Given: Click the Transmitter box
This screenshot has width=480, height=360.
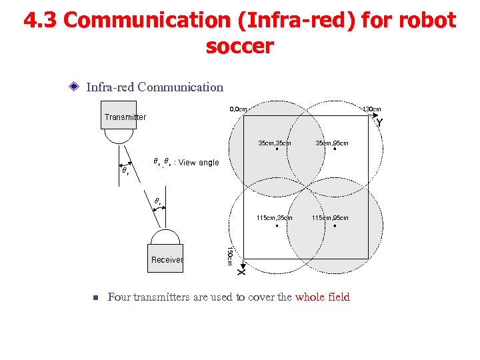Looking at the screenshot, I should point(118,115).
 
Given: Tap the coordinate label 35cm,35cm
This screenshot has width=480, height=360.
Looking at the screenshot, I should point(275,143).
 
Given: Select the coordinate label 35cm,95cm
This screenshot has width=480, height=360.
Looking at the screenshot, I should point(332,143).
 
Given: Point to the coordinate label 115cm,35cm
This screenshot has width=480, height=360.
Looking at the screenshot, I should point(275,218).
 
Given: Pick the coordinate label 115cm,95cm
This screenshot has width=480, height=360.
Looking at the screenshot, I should point(330,218).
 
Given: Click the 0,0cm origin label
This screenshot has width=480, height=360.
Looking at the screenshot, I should point(238,109).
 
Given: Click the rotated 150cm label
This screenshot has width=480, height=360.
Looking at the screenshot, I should point(229,256).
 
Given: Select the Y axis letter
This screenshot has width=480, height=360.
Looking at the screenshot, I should point(379,123).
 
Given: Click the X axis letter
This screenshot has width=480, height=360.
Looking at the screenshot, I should point(241,271).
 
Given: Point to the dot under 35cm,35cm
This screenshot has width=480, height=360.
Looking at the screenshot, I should point(277,150).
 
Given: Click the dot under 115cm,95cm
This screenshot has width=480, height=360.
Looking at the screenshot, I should point(335,226).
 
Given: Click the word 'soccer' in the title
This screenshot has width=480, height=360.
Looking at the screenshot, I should point(239,47).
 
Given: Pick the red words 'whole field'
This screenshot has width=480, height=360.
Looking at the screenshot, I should point(322,297).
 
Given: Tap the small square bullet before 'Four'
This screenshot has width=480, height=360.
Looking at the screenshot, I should point(95,298).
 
